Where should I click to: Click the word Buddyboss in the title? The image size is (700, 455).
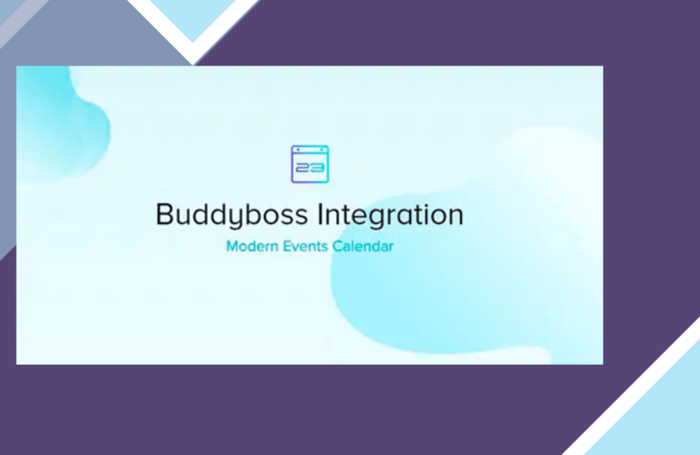pos(232,216)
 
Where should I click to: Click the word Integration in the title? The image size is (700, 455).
pos(390,216)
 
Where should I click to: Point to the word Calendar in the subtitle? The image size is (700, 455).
pos(363,246)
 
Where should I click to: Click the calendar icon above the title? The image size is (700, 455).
pos(310,164)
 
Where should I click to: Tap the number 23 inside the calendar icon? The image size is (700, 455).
pos(310,168)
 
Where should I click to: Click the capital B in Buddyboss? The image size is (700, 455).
pos(165,214)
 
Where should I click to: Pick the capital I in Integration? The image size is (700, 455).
pos(320,214)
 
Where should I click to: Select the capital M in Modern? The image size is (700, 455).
pos(232,246)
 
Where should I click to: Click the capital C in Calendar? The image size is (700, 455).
pos(337,246)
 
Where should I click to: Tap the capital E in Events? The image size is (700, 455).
pos(287,246)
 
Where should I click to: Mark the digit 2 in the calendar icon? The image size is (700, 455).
pos(303,168)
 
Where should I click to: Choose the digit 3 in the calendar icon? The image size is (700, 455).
pos(317,168)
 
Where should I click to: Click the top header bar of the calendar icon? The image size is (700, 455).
pos(310,150)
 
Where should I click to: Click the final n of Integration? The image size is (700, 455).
pos(456,217)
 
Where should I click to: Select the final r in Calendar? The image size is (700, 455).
pos(391,248)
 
